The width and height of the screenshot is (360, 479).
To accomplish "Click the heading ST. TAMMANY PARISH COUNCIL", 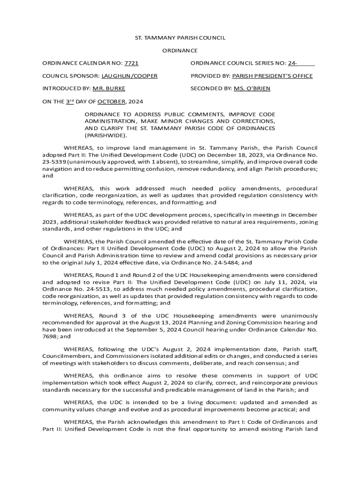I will click(180, 38).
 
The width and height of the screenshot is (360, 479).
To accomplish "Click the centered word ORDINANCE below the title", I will click(180, 51).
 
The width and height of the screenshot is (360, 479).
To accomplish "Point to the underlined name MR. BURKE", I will click(109, 88).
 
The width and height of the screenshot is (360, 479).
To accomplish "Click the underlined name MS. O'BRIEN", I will click(252, 88).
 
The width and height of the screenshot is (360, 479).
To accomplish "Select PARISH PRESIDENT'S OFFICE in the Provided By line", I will click(273, 76).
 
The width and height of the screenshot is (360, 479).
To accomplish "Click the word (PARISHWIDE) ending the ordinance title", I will click(105, 135).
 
